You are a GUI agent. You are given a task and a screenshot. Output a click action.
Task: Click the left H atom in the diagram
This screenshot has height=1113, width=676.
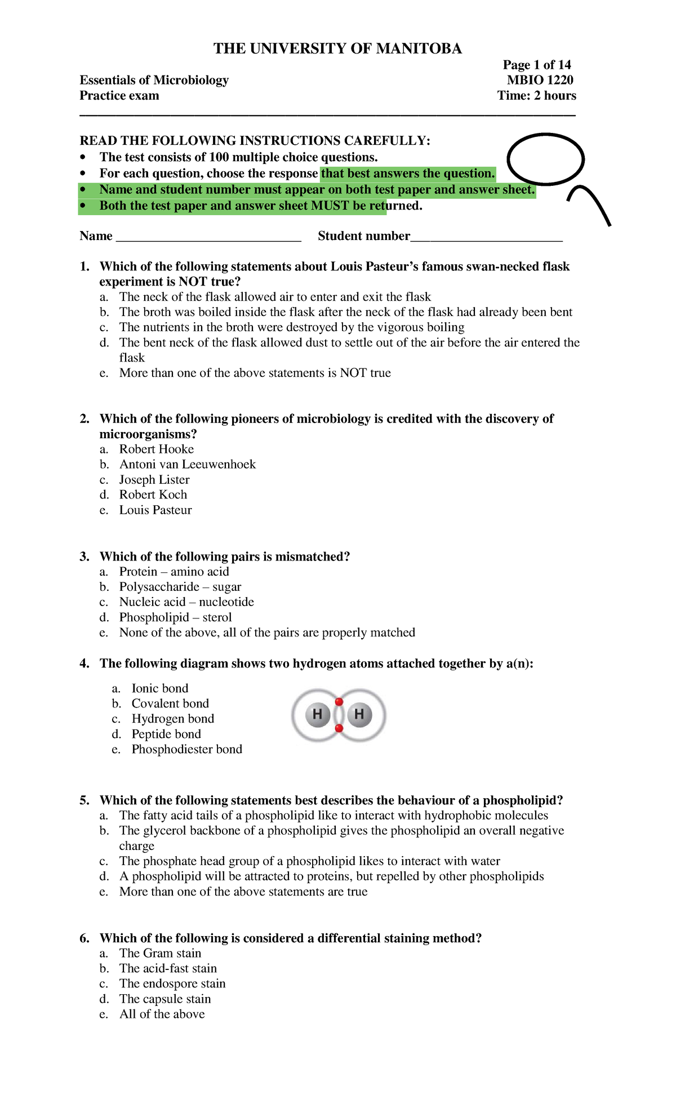pos(317,715)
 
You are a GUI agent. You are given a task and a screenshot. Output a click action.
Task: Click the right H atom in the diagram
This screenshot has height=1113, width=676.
pos(359,715)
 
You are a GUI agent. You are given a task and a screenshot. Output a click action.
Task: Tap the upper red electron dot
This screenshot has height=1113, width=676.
pos(339,702)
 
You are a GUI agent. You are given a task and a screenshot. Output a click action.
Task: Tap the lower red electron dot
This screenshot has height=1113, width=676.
pos(339,728)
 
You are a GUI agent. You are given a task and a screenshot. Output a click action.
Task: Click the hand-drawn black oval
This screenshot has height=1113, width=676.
pos(545,159)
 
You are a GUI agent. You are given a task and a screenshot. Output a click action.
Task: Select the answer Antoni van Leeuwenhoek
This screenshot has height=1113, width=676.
pos(187,464)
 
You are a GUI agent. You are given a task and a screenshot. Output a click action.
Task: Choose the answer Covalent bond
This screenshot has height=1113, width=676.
pos(170,704)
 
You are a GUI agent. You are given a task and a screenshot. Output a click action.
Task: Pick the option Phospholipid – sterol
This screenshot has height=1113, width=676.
pos(175,617)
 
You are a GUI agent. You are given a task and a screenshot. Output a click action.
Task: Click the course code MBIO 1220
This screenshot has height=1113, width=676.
pos(540,80)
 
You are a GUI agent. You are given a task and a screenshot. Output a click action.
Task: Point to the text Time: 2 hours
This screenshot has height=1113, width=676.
pos(536,96)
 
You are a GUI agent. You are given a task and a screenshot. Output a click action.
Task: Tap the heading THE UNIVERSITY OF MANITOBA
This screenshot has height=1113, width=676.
pos(337,49)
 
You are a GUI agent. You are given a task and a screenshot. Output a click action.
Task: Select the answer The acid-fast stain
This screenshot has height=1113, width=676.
pos(168,968)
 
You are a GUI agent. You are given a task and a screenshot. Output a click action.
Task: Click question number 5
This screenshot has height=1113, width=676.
pos(84,800)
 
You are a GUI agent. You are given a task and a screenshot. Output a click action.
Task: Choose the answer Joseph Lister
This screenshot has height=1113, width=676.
pos(154,479)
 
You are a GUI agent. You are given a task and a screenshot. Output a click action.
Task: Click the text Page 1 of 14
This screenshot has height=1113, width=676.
pos(537,65)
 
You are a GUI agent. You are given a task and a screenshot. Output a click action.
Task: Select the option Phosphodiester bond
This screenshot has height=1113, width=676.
pos(186,749)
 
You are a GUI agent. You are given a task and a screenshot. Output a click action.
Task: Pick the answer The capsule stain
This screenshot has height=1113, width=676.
pos(165,999)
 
